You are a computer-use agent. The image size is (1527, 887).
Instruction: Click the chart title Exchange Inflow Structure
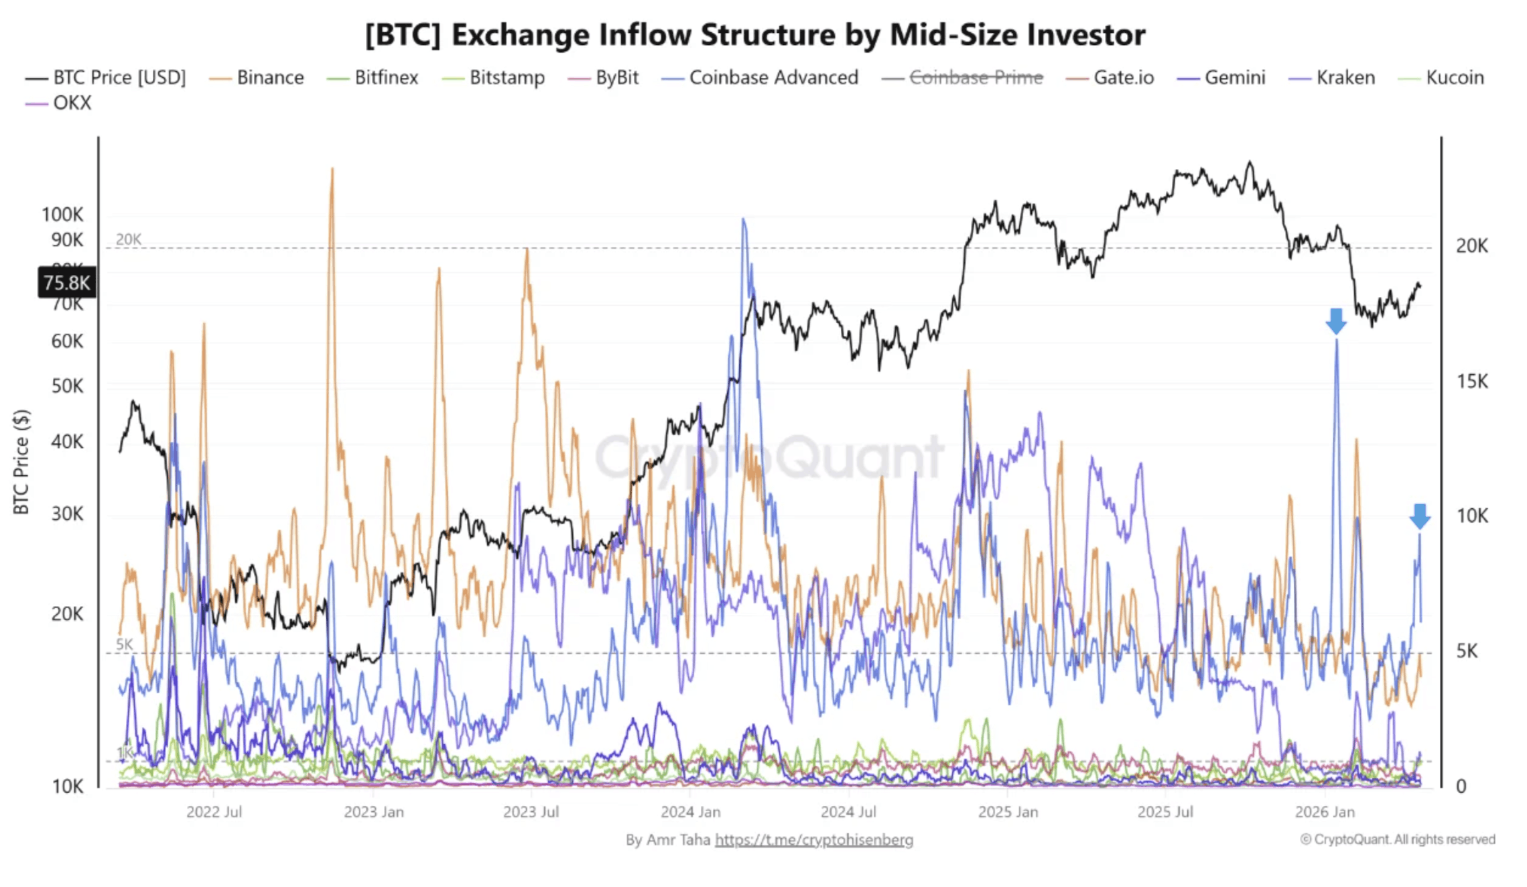point(755,35)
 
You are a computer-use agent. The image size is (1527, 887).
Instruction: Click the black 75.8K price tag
point(66,282)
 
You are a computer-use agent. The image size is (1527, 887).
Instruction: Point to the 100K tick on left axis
point(62,215)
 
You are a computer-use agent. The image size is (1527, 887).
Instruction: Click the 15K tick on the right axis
point(1471,381)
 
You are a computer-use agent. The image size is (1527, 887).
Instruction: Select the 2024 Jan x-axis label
point(690,812)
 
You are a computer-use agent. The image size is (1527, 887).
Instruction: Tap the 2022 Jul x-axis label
point(214,812)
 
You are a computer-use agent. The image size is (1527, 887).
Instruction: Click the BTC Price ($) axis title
point(21,463)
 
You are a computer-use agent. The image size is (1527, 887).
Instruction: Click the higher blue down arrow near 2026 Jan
point(1335,321)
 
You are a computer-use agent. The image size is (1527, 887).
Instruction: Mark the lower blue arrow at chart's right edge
point(1419,516)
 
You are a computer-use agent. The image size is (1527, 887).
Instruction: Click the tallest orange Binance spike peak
point(332,170)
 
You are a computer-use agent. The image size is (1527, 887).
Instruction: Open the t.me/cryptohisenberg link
point(813,840)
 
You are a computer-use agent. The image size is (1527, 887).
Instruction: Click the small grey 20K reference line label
point(128,239)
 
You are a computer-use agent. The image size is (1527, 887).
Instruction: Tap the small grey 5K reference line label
point(125,644)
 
